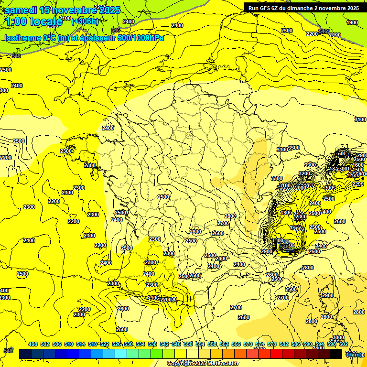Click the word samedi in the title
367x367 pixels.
coord(21,10)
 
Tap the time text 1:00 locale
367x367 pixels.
coord(33,22)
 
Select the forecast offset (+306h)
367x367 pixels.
coord(85,21)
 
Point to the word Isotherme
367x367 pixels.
coord(22,38)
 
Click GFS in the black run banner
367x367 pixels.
coord(266,8)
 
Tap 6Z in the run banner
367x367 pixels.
coord(275,8)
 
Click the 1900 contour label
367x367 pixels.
coord(352,22)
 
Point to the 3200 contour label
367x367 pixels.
coord(304,173)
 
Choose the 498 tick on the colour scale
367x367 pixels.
coord(33,344)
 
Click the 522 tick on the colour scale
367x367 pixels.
coord(105,344)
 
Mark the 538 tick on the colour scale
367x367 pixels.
coord(152,344)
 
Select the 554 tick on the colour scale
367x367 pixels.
coord(200,344)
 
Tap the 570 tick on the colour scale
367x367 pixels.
coord(248,344)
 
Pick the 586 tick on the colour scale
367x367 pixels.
coord(295,344)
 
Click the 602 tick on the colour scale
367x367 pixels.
coord(343,344)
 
